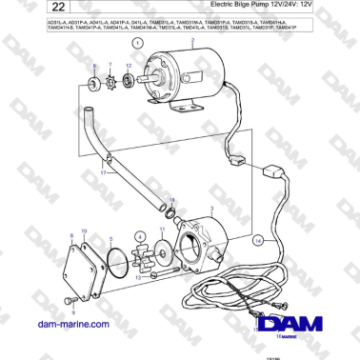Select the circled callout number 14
point(256,241)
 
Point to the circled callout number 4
point(140,236)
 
